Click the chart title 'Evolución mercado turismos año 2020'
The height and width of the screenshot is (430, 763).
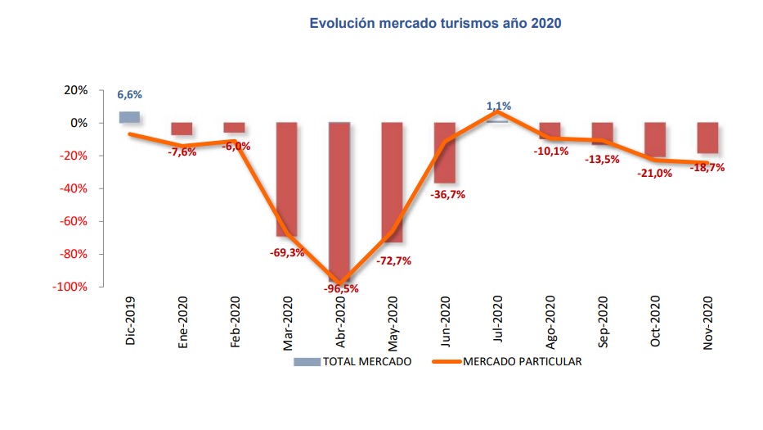435,24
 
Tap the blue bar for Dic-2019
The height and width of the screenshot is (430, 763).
129,117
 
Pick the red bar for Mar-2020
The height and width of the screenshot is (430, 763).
287,180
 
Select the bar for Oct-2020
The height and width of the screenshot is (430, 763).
655,140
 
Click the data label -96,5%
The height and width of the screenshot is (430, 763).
339,289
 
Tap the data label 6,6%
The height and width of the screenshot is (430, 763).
130,95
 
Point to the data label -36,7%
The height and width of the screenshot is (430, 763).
447,194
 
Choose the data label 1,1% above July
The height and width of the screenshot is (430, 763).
499,106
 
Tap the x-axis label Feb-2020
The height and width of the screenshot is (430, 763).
235,322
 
